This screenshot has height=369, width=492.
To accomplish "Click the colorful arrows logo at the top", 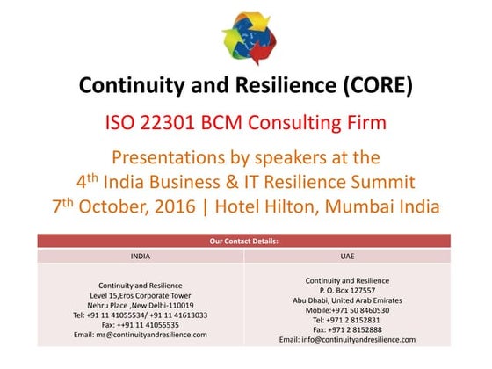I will (x=247, y=39).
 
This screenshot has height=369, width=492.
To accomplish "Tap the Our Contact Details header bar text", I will (x=246, y=241).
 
